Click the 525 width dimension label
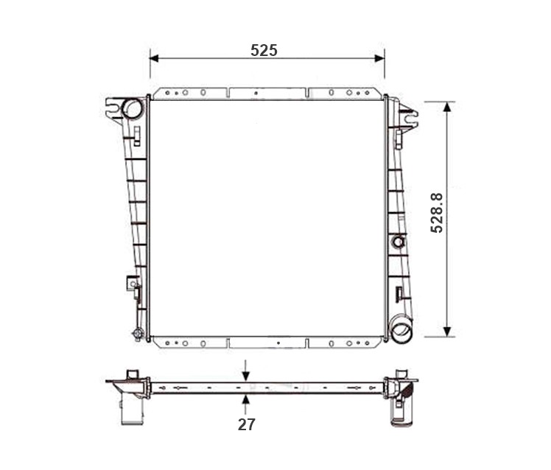pyautogui.click(x=264, y=51)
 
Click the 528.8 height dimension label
pyautogui.click(x=437, y=213)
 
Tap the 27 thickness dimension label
pyautogui.click(x=246, y=424)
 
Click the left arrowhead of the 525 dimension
pyautogui.click(x=154, y=58)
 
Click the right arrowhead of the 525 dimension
pyautogui.click(x=380, y=58)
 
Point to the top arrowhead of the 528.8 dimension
pyautogui.click(x=447, y=107)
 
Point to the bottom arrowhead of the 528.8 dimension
pyautogui.click(x=447, y=332)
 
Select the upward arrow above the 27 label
pyautogui.click(x=245, y=404)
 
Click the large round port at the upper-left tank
pyautogui.click(x=133, y=108)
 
